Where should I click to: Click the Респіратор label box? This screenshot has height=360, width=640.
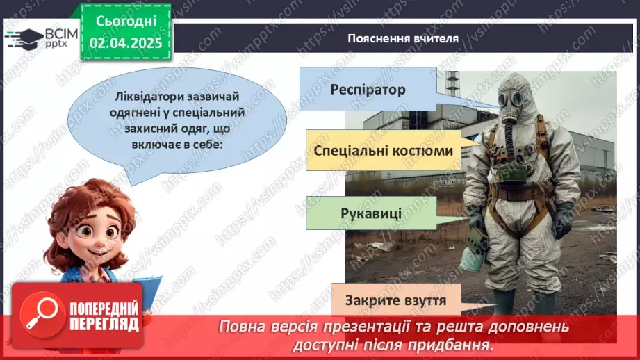[368, 89]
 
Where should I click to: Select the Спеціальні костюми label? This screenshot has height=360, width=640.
[383, 151]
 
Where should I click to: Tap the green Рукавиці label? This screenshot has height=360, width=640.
[370, 211]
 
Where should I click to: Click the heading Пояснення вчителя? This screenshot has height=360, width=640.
[403, 38]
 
